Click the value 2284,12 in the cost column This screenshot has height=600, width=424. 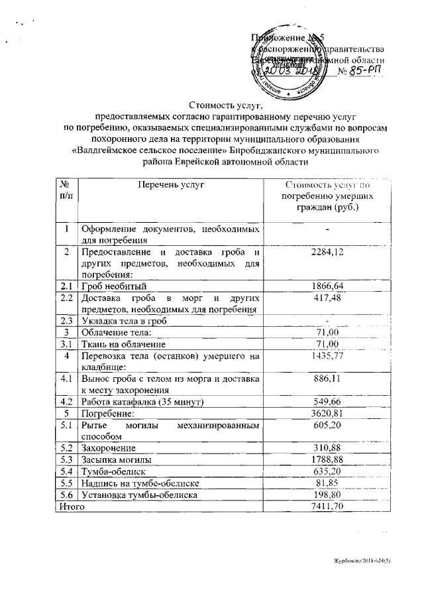(x=328, y=252)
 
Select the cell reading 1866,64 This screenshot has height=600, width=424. (x=328, y=286)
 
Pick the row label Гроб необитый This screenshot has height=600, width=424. (x=113, y=286)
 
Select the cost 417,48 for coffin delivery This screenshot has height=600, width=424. (x=328, y=298)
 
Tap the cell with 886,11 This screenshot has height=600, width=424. (x=328, y=379)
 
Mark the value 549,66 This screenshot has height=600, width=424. (x=328, y=402)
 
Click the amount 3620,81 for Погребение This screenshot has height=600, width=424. (x=328, y=414)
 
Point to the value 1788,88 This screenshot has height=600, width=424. (x=328, y=459)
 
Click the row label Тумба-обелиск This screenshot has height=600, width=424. (x=113, y=471)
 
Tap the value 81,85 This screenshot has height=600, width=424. (x=328, y=483)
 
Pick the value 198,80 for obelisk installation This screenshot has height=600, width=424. (x=328, y=495)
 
